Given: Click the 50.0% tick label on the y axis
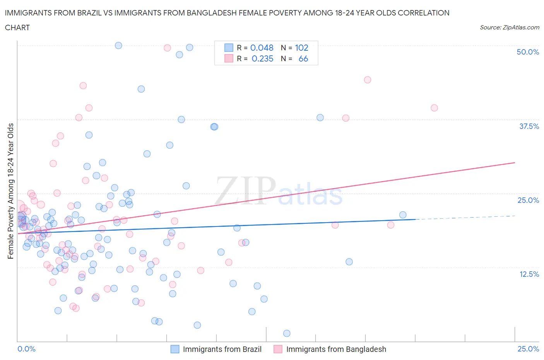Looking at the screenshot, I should (528, 52).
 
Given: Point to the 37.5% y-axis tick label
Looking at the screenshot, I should (529, 126).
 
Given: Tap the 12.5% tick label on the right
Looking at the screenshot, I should (529, 274).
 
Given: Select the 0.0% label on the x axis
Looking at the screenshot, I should (26, 349).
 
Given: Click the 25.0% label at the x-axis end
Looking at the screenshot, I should (528, 349).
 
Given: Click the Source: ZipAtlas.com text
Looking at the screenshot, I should (509, 27).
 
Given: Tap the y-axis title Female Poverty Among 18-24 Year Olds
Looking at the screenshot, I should (10, 191).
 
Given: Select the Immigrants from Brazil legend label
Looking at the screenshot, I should (222, 349).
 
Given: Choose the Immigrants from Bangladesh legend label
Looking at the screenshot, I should (336, 349).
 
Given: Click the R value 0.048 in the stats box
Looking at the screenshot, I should (262, 48).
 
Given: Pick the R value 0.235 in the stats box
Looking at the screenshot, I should (262, 58).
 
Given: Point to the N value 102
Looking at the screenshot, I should (301, 48).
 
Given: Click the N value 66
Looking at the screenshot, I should (303, 58).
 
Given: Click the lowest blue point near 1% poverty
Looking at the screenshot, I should (287, 333).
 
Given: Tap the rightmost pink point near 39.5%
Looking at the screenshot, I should (434, 108).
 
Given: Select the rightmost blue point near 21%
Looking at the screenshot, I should (403, 215).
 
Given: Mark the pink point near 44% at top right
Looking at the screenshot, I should (368, 80).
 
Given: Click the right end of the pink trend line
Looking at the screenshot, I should (514, 163).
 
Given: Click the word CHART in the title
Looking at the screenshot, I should (17, 27).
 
